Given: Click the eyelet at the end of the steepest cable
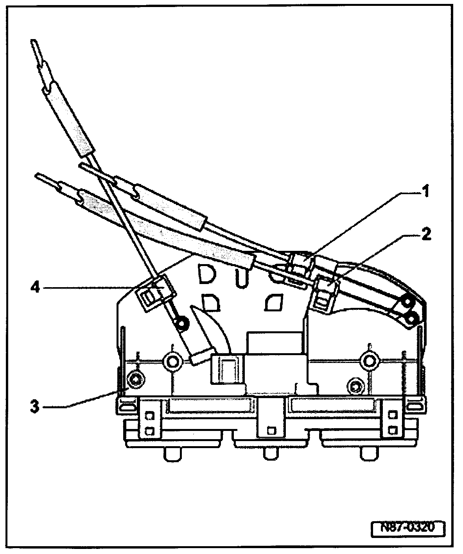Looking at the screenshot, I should tap(181, 323).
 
